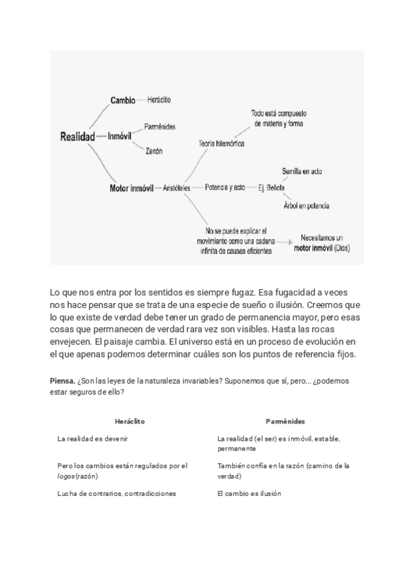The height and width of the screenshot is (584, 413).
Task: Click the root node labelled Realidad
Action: [77, 137]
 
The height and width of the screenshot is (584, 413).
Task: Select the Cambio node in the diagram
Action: [123, 101]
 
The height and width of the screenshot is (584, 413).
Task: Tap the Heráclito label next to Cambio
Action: [159, 101]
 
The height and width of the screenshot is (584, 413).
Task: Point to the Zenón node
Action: [153, 151]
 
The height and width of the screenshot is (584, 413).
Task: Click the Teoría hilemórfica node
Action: [221, 144]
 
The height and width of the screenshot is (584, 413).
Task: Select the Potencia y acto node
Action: [225, 187]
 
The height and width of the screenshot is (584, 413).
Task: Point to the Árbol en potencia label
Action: [306, 205]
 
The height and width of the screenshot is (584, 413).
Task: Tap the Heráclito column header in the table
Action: [130, 421]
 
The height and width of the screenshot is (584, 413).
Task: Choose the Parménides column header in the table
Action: [285, 421]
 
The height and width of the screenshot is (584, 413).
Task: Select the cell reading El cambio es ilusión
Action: [248, 493]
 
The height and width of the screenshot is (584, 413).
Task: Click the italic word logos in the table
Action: [66, 476]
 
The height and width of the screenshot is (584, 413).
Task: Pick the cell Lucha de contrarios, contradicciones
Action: [117, 493]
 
